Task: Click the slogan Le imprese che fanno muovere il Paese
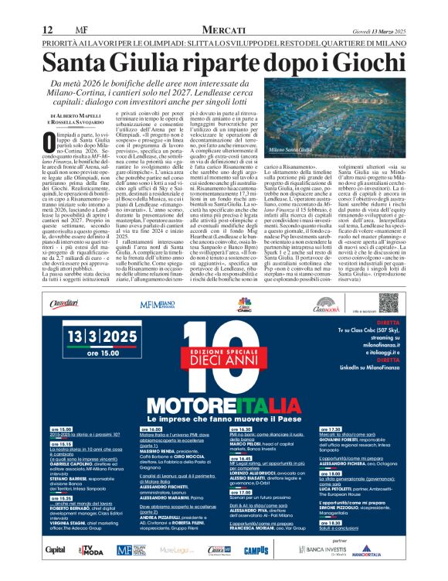pos(223,417)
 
